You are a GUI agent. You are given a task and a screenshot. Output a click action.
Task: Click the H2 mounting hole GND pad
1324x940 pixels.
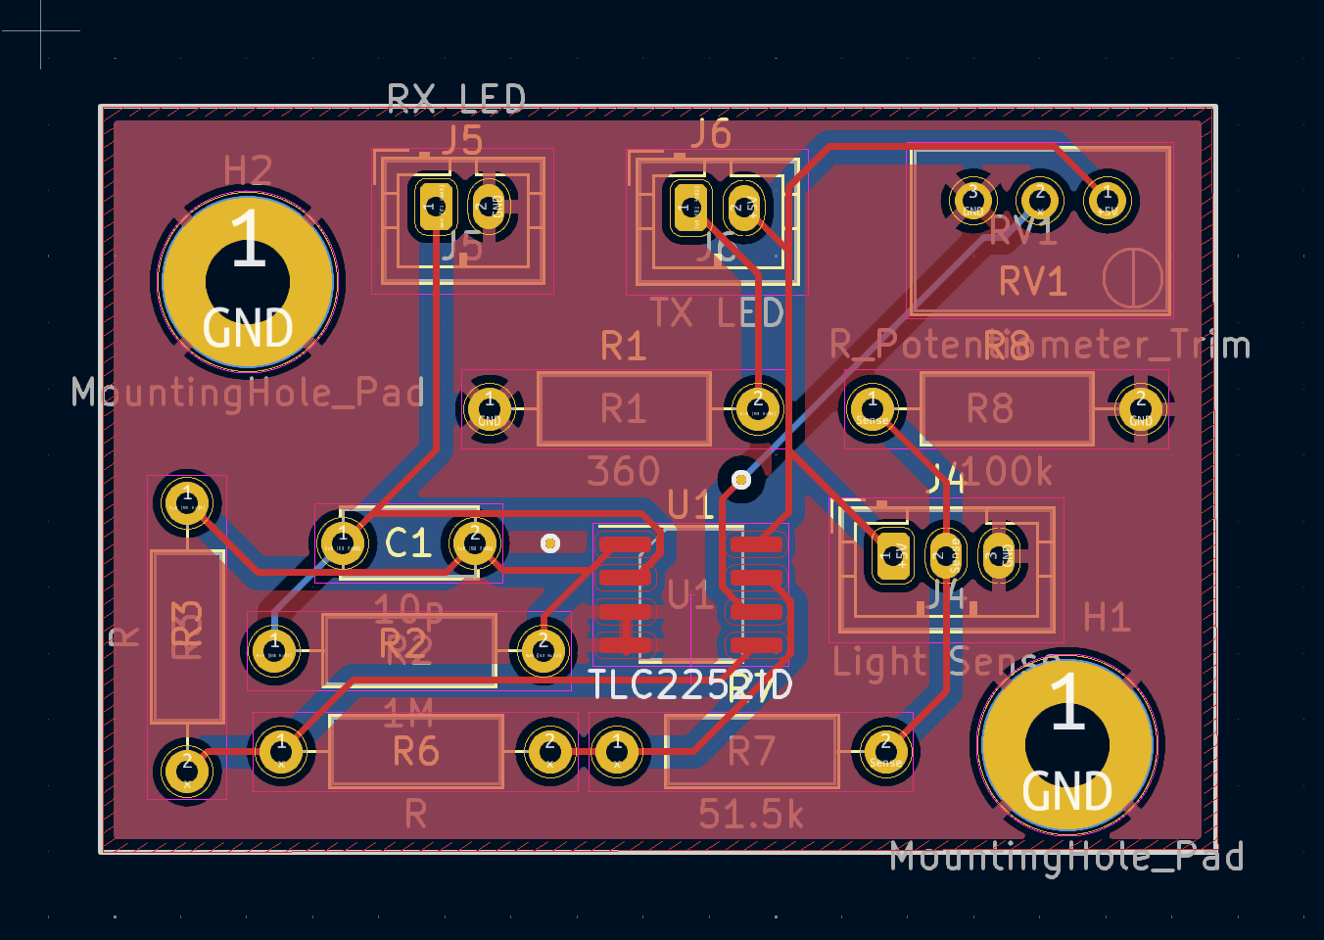[248, 282]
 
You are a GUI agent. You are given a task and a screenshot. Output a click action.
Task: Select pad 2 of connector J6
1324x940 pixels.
[745, 207]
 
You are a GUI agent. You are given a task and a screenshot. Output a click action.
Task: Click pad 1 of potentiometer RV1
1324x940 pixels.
[1108, 201]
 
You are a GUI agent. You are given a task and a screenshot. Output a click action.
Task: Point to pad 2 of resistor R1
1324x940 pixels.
[757, 407]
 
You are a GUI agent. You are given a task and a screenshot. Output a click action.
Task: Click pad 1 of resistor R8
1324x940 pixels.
[873, 407]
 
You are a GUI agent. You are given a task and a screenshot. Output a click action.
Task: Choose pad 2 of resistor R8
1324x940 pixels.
[1141, 407]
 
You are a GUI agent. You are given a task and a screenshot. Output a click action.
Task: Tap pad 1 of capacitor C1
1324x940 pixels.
[343, 542]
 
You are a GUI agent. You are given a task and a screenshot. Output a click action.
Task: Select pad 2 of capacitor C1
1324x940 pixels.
[475, 542]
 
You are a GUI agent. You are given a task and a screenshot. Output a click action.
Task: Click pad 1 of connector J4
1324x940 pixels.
[892, 555]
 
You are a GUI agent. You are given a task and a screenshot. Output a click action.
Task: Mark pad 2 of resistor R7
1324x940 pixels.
[885, 751]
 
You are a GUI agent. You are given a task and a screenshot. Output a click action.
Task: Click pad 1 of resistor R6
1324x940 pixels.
[282, 751]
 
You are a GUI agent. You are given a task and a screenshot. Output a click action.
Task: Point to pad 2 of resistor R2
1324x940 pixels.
[543, 649]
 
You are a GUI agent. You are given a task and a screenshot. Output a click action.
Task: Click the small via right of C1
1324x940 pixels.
[550, 542]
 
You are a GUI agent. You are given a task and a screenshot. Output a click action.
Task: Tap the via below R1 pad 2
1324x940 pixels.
[741, 479]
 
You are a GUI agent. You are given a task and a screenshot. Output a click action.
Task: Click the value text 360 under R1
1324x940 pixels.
[624, 472]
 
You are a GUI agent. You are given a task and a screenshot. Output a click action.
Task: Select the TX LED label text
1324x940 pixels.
[718, 313]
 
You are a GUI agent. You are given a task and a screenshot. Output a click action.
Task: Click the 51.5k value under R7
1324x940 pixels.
[751, 814]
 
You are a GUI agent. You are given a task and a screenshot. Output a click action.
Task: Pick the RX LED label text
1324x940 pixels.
[456, 98]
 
